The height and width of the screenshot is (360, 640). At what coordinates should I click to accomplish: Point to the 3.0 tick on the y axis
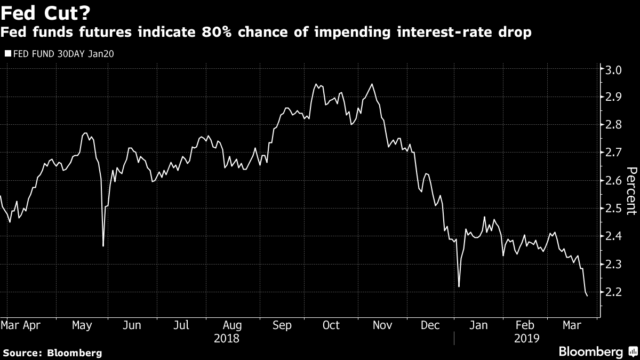(614, 69)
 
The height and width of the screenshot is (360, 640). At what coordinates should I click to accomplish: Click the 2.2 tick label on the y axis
(614, 292)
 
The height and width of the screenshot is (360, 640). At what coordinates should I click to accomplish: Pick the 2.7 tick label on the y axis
(614, 153)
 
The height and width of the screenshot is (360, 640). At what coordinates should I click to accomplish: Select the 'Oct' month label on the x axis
(331, 325)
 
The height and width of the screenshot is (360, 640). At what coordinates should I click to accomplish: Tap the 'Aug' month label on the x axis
(232, 325)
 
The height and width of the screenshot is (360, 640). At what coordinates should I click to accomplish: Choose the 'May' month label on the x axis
(82, 325)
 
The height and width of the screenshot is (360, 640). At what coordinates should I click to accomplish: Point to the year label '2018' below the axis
(226, 338)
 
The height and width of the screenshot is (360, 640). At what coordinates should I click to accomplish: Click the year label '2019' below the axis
(527, 338)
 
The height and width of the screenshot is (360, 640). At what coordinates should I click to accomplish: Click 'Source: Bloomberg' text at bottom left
(52, 353)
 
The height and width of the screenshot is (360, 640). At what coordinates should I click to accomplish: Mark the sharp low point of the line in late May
(103, 246)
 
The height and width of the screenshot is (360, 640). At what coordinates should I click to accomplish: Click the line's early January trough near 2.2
(459, 286)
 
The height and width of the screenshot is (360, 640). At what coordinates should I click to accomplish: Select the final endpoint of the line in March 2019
(587, 295)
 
